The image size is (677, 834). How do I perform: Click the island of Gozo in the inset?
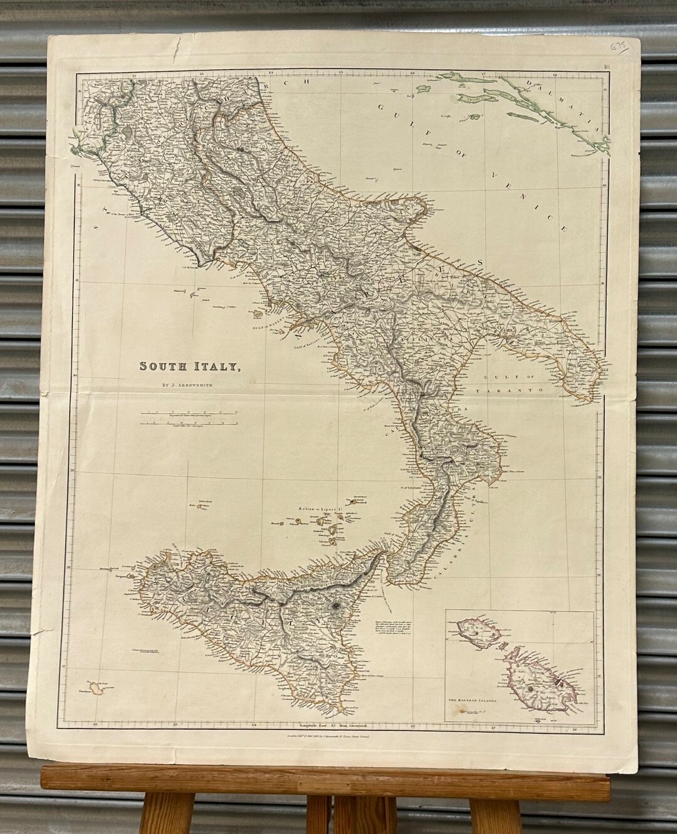click(476, 633)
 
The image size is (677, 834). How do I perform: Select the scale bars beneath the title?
click(188, 419)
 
